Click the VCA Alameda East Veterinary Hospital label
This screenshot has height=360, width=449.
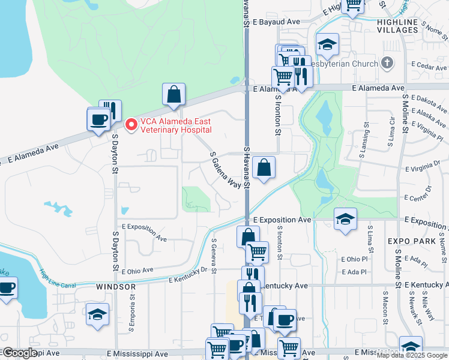[176, 125]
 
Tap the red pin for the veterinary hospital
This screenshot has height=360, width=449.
[130, 124]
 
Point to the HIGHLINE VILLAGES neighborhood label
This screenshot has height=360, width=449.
[397, 25]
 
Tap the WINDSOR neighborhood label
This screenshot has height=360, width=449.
[116, 287]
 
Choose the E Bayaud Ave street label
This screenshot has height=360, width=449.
[276, 21]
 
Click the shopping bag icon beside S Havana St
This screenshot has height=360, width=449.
[264, 168]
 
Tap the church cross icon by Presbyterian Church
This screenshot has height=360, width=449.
[387, 63]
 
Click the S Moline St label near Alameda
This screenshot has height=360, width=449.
[406, 113]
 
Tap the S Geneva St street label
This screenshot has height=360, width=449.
[214, 256]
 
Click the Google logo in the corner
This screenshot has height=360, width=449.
[20, 353]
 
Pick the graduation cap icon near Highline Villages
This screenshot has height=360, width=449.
[327, 44]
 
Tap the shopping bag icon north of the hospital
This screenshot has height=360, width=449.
[173, 94]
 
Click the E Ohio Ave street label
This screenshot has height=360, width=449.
[137, 271]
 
